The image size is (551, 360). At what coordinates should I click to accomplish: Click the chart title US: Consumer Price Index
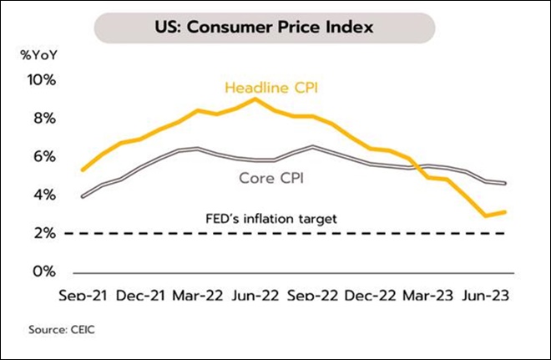275,26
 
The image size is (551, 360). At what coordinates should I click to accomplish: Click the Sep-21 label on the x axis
82,296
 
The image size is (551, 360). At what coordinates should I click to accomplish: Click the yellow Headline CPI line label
272,87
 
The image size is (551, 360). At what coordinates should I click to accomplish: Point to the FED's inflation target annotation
271,219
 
